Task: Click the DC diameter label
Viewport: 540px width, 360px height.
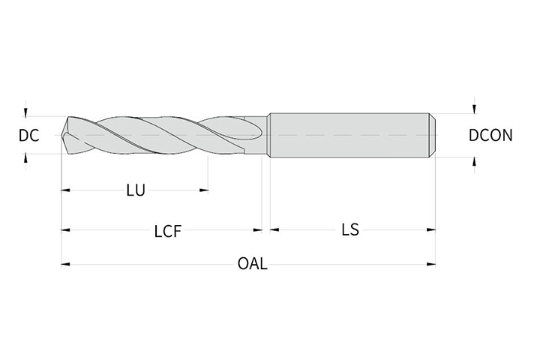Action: coord(29,136)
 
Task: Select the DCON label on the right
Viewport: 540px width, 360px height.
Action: coord(490,136)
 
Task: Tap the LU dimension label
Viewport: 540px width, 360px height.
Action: coord(136,190)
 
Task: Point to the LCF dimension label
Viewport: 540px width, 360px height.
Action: coord(167,231)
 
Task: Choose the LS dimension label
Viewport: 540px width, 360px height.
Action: coord(350,229)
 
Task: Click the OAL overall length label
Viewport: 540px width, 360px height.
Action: coord(253,264)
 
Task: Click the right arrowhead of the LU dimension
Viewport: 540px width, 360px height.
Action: coord(204,190)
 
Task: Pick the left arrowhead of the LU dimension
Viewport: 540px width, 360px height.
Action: coord(65,190)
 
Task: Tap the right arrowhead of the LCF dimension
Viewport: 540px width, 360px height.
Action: coord(258,229)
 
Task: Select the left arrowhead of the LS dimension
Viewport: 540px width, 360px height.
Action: coord(274,229)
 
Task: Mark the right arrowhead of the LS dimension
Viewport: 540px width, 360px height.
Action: coord(431,229)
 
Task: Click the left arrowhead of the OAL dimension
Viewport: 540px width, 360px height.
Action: coord(65,264)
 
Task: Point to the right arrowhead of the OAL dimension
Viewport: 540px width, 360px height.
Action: coord(431,264)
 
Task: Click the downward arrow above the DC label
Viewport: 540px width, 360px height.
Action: coord(25,112)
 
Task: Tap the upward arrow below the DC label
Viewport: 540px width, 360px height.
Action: coord(25,158)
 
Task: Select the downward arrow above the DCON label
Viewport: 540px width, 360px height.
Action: coord(475,109)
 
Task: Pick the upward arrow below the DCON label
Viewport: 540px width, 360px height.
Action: coord(475,161)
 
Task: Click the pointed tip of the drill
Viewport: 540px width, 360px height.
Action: coord(61,135)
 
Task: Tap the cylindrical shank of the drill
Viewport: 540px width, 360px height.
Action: coord(349,135)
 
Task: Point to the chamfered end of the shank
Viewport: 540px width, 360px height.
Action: coord(433,135)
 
